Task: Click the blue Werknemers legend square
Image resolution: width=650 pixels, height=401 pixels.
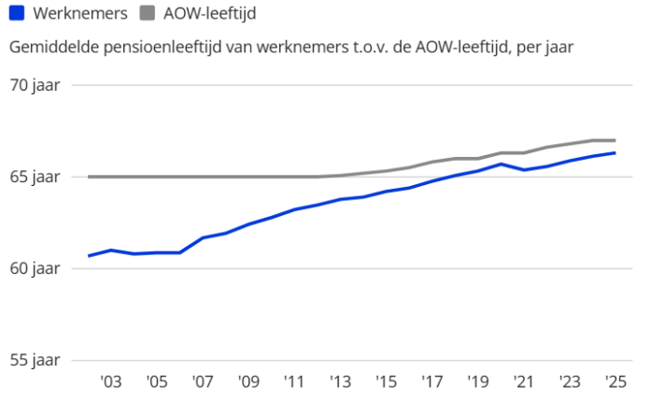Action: (17, 14)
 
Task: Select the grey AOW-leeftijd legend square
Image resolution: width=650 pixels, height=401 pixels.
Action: (148, 14)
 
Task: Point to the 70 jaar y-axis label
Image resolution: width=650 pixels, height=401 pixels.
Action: (35, 85)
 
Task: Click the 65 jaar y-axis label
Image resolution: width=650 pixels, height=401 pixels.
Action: (35, 177)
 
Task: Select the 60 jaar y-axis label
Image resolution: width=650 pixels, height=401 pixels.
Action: (35, 268)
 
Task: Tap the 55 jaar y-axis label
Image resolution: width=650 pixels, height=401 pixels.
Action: (35, 360)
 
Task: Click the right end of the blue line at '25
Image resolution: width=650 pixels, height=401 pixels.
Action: (615, 152)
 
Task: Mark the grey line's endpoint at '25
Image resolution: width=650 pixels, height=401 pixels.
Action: (615, 140)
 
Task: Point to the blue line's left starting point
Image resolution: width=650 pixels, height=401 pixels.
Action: (89, 255)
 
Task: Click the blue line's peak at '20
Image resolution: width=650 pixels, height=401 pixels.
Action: (501, 165)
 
